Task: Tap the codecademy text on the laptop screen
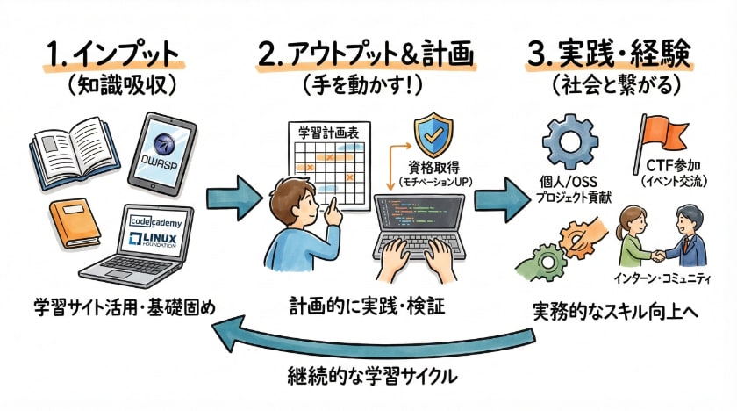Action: (154, 220)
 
